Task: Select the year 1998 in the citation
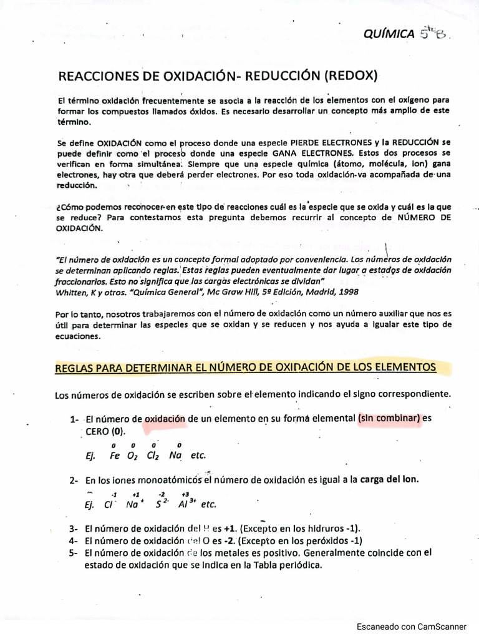pos(345,291)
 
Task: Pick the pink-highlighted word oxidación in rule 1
pos(165,419)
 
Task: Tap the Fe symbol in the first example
pos(114,456)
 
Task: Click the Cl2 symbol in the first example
pos(153,456)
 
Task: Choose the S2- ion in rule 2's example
pos(162,504)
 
